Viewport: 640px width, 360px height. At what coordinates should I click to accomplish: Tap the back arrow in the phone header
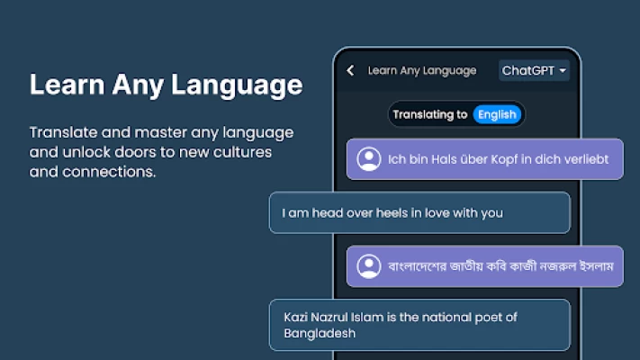(351, 70)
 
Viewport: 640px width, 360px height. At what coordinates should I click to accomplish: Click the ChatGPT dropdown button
(534, 70)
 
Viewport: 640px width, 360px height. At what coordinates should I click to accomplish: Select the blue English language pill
(497, 114)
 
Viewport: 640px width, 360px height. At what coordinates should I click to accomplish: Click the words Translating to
(429, 114)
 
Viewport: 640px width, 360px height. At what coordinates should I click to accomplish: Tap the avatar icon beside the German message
(368, 159)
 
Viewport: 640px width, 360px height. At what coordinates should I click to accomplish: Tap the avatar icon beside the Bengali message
(368, 266)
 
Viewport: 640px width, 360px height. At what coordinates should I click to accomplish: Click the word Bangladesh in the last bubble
(320, 334)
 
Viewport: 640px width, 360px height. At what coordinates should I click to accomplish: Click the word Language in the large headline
(237, 85)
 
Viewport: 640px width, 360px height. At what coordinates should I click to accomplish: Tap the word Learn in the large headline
(68, 85)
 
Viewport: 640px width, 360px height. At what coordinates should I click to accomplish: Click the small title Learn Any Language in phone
(422, 71)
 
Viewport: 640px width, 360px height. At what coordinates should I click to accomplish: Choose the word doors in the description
(135, 152)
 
